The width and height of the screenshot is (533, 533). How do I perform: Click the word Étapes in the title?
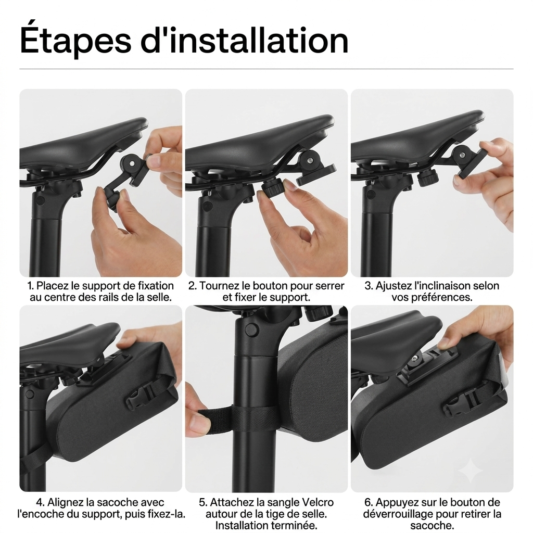(75, 40)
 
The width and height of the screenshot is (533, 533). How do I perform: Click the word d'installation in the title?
(245, 40)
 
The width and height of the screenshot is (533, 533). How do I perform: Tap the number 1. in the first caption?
(31, 286)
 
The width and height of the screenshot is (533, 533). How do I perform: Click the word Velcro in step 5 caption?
(317, 502)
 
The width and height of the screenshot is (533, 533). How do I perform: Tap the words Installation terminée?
(266, 525)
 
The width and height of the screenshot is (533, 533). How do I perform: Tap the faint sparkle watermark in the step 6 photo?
(471, 471)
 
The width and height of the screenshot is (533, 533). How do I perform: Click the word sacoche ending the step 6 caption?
(432, 526)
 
